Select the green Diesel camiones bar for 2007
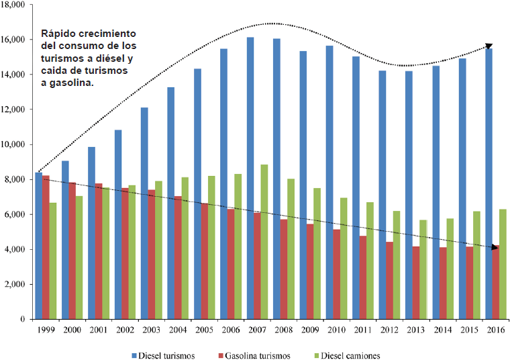click(264, 242)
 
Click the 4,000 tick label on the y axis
click(15, 249)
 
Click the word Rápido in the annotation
click(58, 33)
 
